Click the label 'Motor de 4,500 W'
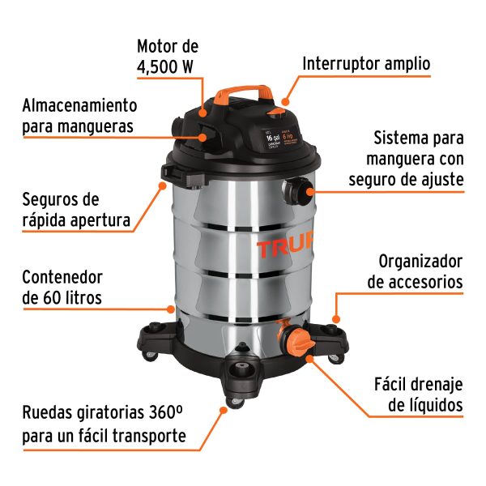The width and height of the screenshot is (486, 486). click(168, 57)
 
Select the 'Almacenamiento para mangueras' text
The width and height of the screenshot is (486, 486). click(79, 116)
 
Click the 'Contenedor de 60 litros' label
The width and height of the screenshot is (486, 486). click(62, 287)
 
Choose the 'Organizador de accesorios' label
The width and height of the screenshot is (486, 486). click(416, 271)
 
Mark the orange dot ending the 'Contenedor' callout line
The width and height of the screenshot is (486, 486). click(170, 309)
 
